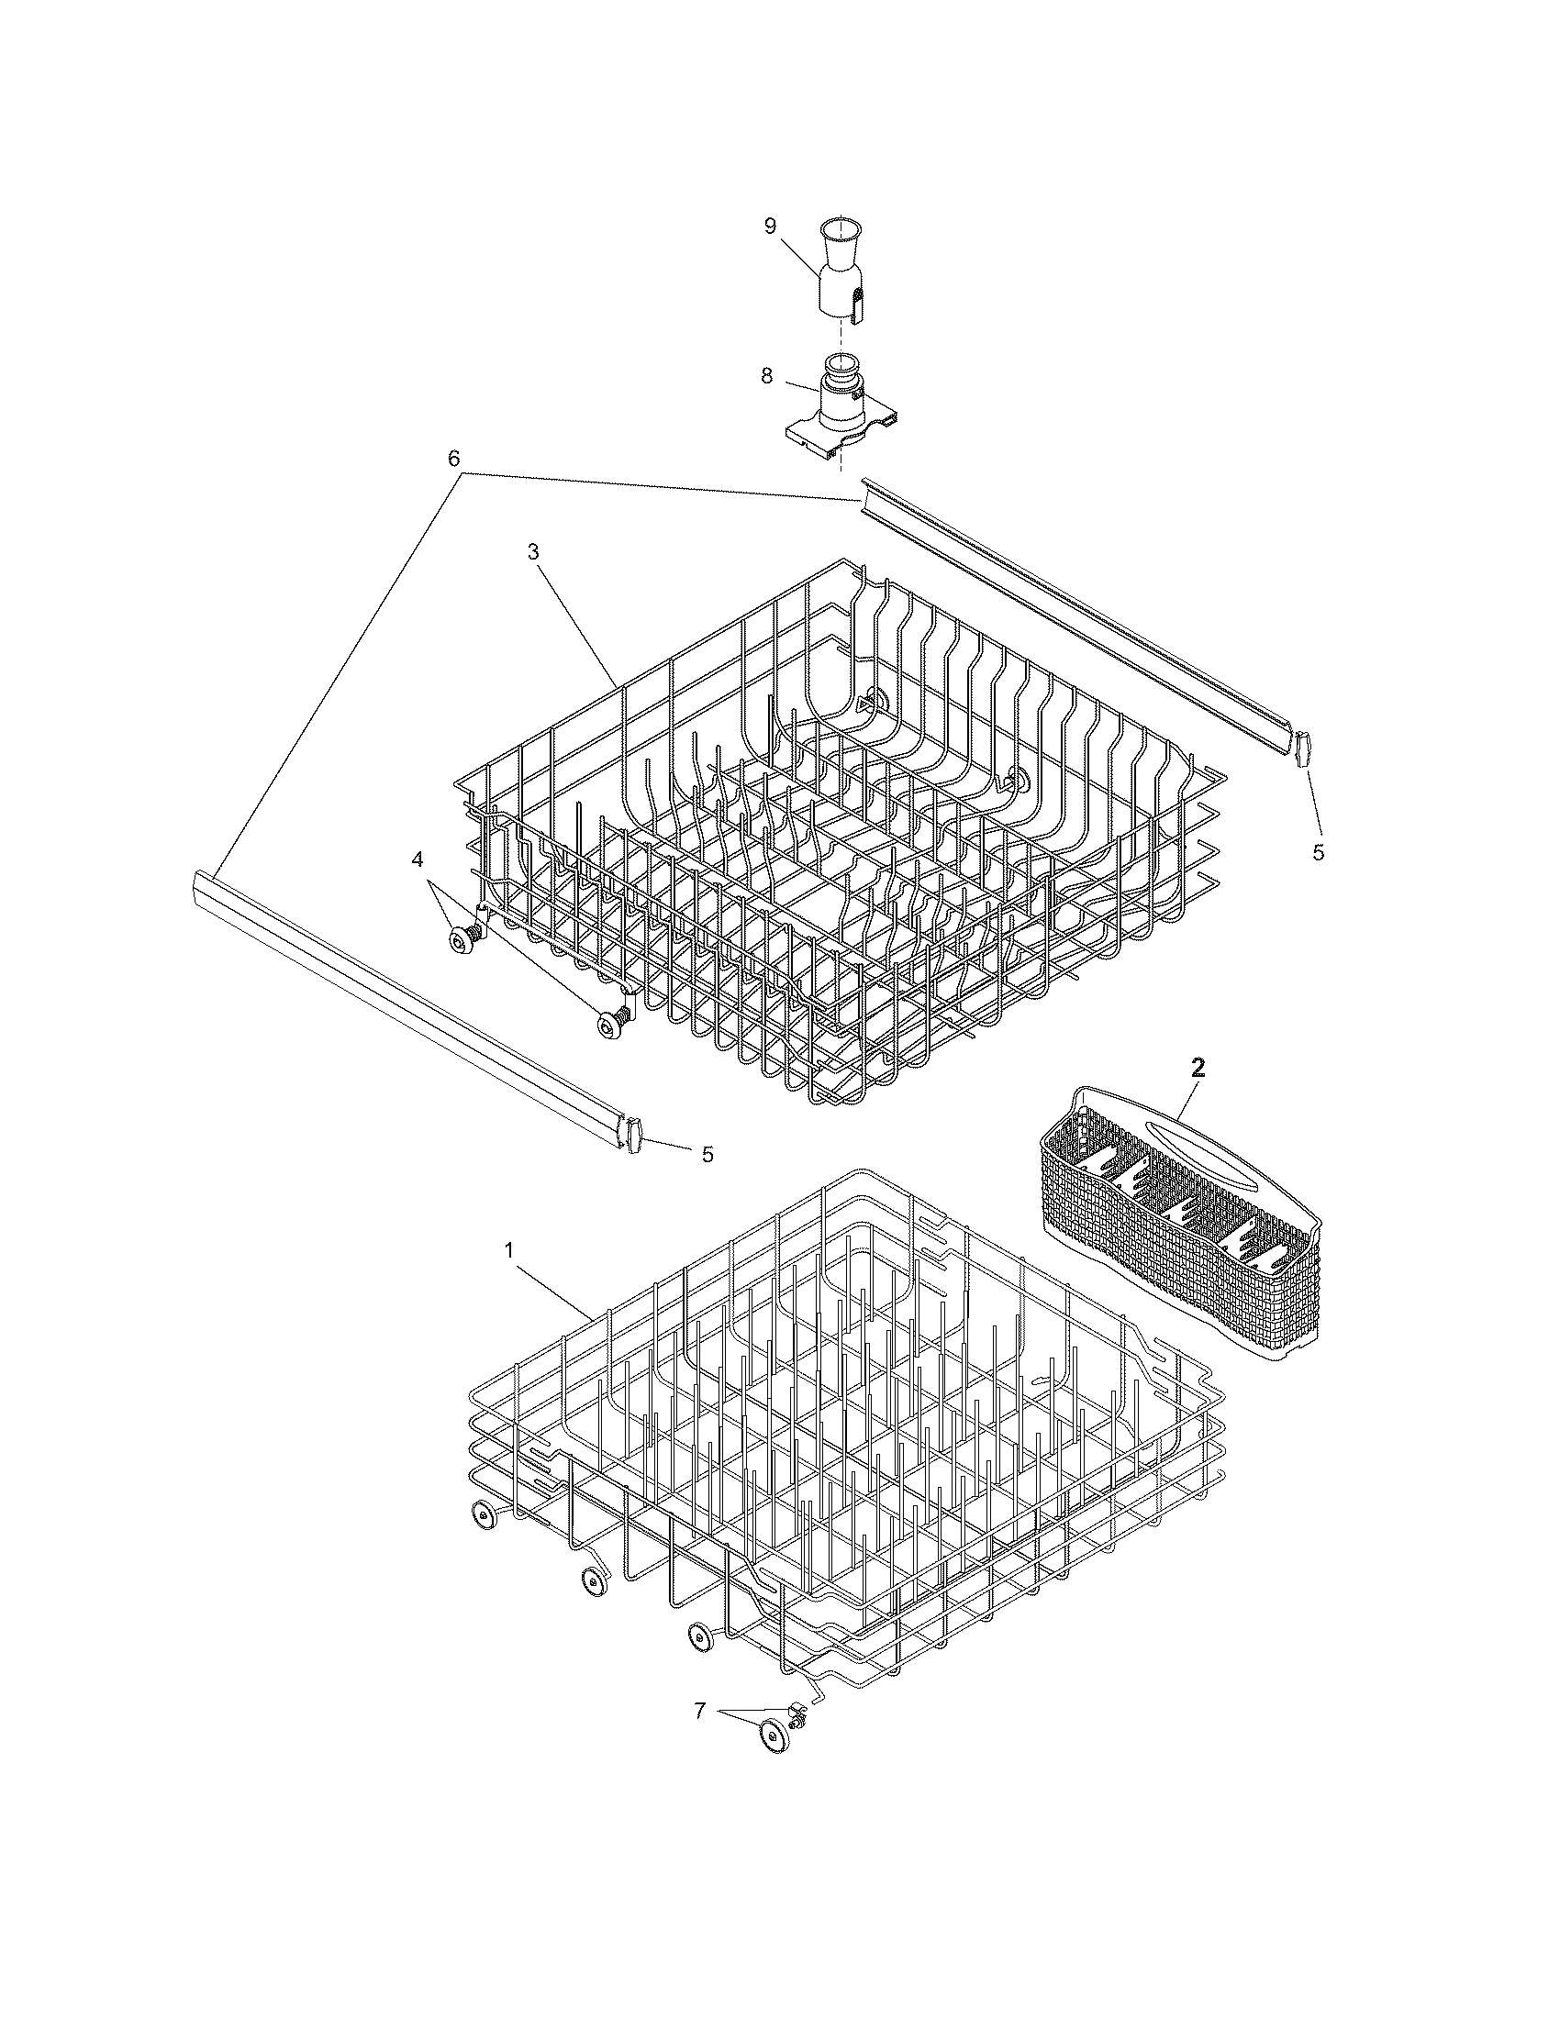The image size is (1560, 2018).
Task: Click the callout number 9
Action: click(770, 227)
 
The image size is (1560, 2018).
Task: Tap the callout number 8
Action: click(767, 377)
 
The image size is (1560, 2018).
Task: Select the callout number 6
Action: click(454, 459)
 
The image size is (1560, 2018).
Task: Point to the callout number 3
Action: click(533, 550)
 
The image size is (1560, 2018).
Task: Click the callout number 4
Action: click(418, 859)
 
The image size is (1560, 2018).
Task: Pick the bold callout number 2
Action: click(1198, 1068)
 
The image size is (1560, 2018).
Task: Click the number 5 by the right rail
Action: click(1318, 852)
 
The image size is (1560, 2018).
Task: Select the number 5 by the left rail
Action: click(707, 1154)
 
